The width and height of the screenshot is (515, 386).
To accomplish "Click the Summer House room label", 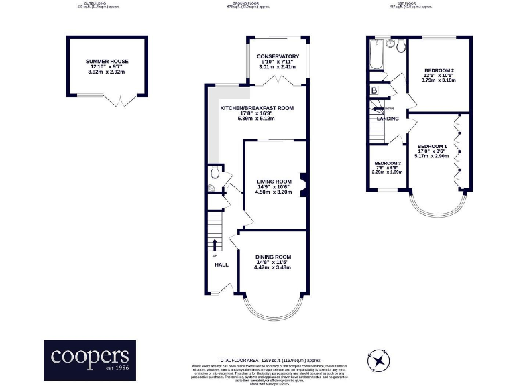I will (x=107, y=61).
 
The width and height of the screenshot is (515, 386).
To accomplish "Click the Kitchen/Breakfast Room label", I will (x=257, y=108).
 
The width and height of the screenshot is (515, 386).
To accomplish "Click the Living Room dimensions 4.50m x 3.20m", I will (x=274, y=192).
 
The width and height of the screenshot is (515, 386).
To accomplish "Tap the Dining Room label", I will (x=273, y=257).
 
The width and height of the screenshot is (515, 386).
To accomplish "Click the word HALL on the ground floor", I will (x=221, y=265).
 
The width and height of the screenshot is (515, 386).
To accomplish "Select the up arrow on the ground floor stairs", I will (x=215, y=244).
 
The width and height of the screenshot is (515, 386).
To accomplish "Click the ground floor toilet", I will (x=213, y=172).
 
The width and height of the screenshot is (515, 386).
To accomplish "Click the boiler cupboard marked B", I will (x=374, y=90).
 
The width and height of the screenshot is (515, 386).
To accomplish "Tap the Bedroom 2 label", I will (x=439, y=70).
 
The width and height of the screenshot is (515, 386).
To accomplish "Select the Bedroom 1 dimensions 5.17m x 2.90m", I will (x=433, y=156).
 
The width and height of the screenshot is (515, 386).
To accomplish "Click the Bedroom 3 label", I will (x=388, y=164).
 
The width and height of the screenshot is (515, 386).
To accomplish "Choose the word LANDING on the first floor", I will (x=388, y=119).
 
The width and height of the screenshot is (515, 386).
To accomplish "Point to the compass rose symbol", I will (x=380, y=360).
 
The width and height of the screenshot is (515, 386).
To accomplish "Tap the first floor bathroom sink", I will (x=400, y=45).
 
